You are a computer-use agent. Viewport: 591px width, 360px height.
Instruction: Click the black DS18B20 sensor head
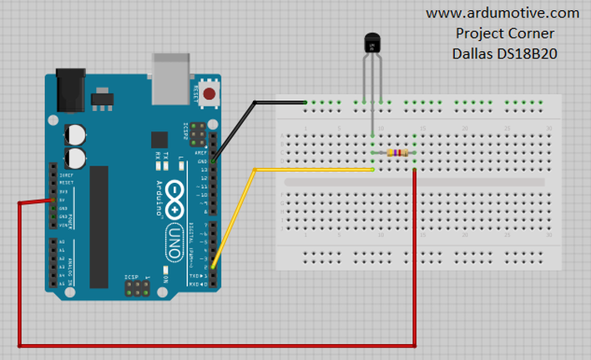pos(371,42)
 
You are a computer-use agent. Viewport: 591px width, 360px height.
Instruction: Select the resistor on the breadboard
pos(397,153)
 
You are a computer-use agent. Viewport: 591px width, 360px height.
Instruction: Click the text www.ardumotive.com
pos(503,13)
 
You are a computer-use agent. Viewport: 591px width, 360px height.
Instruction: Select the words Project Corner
pos(504,33)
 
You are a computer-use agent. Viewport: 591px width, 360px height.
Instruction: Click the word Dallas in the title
pos(472,53)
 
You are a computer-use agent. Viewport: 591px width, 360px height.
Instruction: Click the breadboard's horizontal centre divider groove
pos(417,181)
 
